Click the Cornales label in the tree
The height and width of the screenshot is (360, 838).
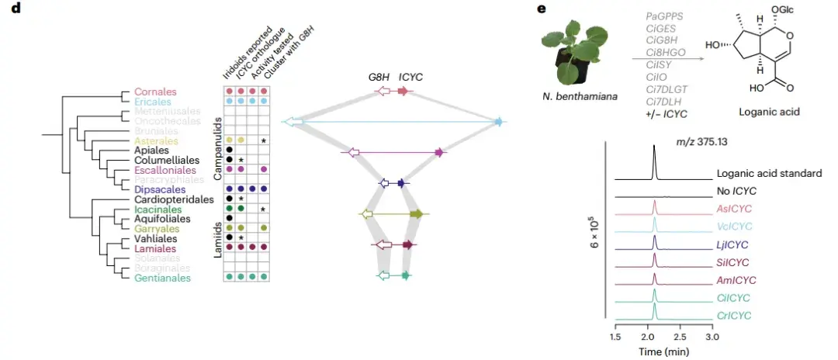155,92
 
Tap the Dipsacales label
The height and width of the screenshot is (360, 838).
161,189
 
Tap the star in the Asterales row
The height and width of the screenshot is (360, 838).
265,140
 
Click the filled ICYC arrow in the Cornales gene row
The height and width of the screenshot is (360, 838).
403,92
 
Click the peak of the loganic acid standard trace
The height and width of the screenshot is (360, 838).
655,147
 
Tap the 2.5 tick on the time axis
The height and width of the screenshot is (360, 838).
680,338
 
